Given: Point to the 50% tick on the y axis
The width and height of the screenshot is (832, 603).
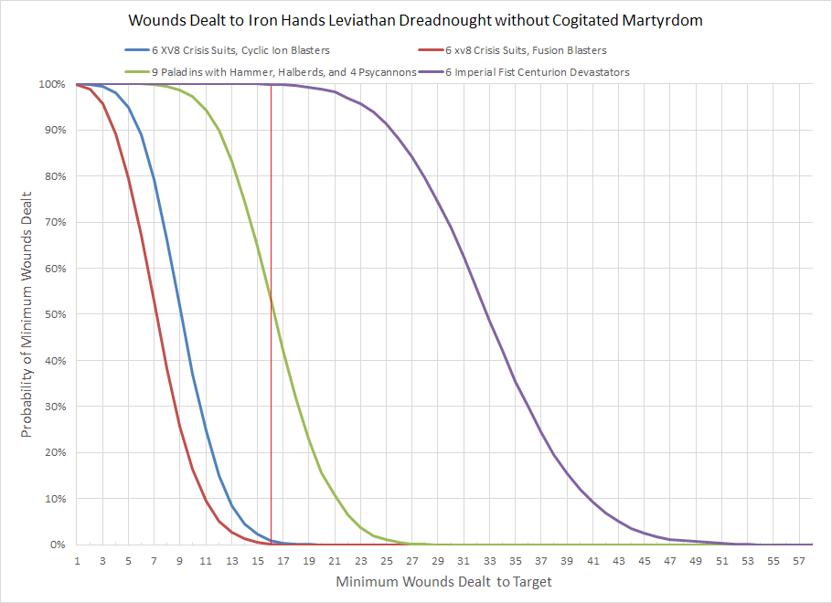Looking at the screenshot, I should coord(52,314).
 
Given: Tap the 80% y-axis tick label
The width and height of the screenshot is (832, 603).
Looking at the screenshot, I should coord(52,176).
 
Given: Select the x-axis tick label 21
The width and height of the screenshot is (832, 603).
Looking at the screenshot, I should coord(335,560).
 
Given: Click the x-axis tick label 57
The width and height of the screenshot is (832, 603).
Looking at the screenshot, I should coord(799,560).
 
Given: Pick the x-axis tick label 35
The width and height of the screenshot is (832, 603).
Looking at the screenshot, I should coord(516,560).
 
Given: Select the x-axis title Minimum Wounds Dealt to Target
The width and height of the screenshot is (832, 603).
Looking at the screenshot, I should coord(444,581).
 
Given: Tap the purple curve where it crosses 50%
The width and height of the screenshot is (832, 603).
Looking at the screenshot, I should coord(488,314).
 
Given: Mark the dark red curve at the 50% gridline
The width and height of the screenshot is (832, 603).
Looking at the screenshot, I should coord(155,314).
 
